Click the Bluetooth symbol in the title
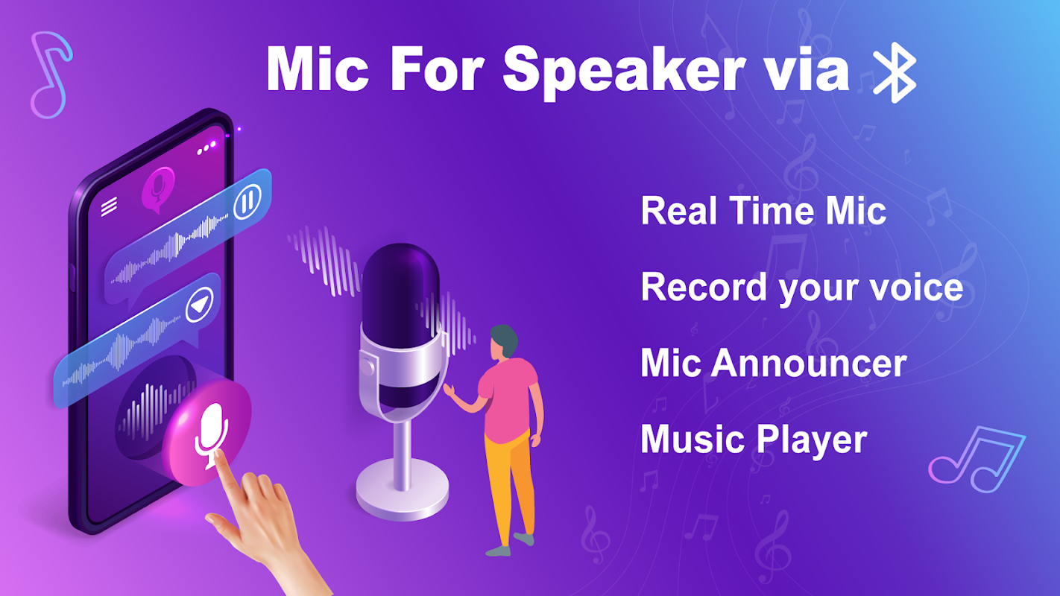894,72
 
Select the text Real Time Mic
763,211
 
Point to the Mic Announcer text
774,363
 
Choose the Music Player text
754,440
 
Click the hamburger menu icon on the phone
109,206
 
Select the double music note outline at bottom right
977,460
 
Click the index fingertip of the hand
218,454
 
